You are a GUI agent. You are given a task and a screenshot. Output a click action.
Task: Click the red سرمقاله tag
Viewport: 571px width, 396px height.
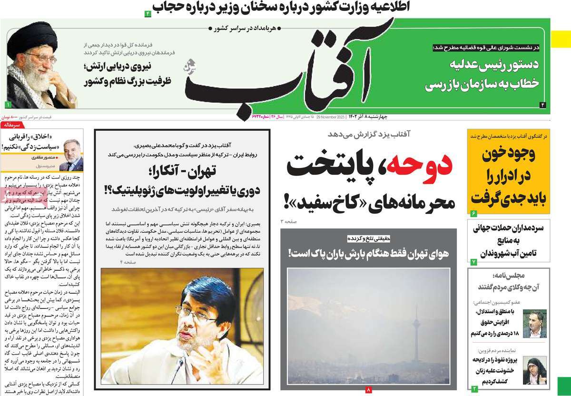(12, 125)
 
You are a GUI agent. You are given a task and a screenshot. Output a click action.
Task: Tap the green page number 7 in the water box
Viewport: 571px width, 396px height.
(473, 262)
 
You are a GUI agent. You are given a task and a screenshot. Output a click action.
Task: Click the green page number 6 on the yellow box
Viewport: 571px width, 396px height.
(473, 213)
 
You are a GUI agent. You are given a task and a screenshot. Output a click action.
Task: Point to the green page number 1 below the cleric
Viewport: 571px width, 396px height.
(8, 104)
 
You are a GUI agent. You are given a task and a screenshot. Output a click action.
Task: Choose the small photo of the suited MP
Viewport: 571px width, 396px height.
(534, 324)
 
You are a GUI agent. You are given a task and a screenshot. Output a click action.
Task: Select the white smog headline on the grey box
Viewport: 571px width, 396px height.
(368, 254)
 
